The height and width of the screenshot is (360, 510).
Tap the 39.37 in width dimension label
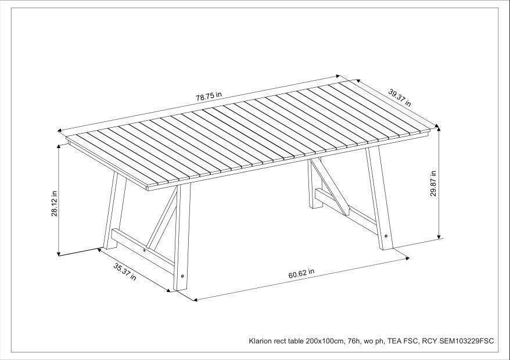(400, 98)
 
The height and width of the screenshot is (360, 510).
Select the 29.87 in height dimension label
(433, 183)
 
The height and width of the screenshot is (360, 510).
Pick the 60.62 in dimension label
(301, 273)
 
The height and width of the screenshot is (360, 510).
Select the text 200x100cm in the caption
(314, 341)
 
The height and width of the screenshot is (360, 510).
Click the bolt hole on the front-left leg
(184, 277)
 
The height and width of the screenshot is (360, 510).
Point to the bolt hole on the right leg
(387, 236)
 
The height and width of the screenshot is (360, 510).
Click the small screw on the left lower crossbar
(145, 250)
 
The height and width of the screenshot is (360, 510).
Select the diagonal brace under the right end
(329, 185)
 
